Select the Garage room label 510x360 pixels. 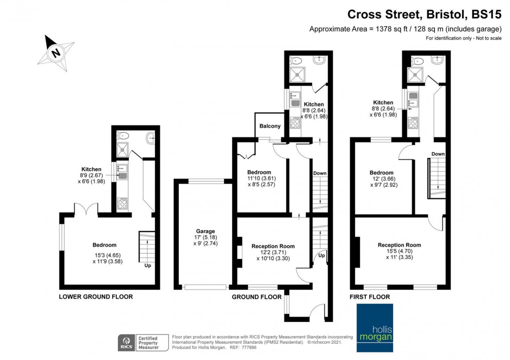click(205, 231)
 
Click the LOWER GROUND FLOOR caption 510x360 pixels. click(96, 297)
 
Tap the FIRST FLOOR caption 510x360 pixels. click(370, 297)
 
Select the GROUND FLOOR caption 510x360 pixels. click(256, 297)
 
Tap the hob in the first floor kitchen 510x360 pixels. click(413, 124)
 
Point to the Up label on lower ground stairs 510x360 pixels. click(147, 265)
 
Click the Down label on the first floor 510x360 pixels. click(438, 154)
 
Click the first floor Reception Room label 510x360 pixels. click(399, 245)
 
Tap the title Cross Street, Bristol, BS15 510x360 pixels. click(424, 15)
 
